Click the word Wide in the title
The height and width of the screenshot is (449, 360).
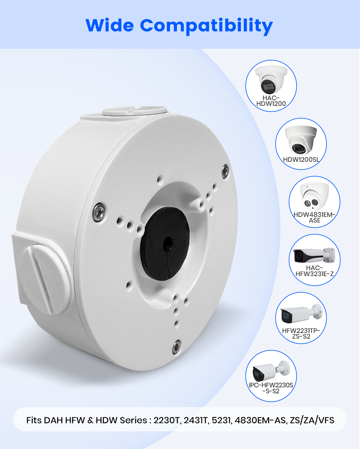(x=110, y=25)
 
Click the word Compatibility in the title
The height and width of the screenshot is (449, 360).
(x=206, y=27)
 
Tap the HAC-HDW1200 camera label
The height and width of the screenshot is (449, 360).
(x=271, y=101)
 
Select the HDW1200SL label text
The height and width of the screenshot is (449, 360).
(x=301, y=160)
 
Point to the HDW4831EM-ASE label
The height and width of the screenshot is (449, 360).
(x=314, y=217)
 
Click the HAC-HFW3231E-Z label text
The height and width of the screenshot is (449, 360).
(x=315, y=271)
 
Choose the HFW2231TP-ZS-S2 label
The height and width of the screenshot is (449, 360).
(x=301, y=334)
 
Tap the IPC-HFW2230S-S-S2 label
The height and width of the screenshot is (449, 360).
(x=271, y=388)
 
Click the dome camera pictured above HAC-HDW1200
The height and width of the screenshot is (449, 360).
(x=271, y=80)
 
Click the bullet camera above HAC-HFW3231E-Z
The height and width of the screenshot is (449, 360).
(x=314, y=255)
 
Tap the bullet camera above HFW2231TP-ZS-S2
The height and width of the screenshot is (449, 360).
(x=302, y=314)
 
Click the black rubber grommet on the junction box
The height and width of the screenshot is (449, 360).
(x=165, y=244)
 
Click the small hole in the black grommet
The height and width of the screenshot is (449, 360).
(x=168, y=244)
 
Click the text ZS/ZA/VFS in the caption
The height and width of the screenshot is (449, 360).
(x=312, y=420)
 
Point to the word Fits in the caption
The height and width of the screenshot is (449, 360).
(x=34, y=420)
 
